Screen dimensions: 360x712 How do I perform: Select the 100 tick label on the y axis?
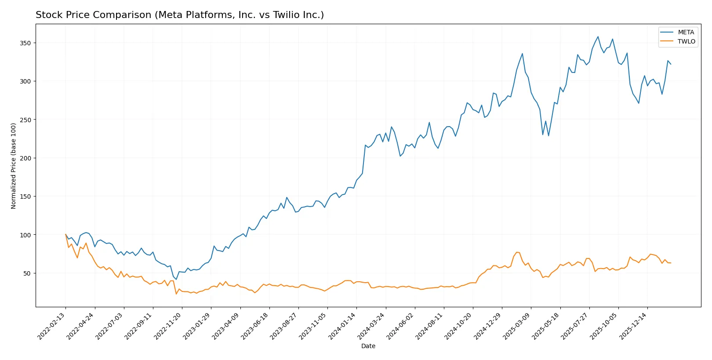(x=25, y=235)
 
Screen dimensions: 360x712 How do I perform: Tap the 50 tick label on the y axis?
(x=26, y=273)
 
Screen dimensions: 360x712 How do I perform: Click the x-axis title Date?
(x=368, y=346)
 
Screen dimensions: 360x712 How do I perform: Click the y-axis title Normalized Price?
(x=14, y=166)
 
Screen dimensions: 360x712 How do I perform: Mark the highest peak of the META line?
(x=598, y=36)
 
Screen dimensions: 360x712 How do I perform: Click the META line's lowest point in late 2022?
(x=176, y=280)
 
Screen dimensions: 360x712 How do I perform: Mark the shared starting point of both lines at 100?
(x=65, y=235)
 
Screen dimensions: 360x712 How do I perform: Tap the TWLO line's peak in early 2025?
(x=516, y=252)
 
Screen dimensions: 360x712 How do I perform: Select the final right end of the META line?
(x=671, y=64)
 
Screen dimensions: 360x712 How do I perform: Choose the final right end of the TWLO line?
(x=671, y=263)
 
